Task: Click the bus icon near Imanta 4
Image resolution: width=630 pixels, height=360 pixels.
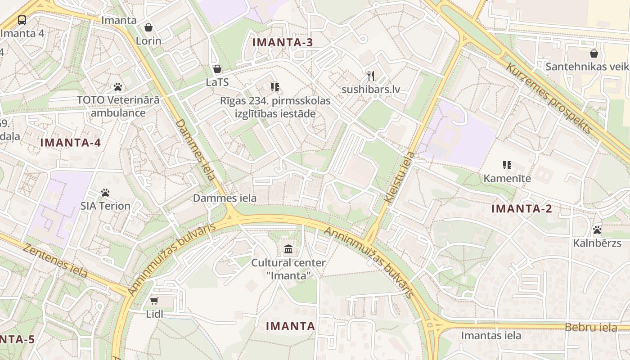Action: point(22,20)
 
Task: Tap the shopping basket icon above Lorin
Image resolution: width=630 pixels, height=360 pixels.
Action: point(148,27)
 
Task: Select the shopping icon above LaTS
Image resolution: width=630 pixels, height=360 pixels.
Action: point(217,69)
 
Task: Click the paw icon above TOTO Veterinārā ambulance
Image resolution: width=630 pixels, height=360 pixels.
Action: point(118,86)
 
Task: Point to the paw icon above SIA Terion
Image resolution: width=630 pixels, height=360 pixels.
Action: point(105,193)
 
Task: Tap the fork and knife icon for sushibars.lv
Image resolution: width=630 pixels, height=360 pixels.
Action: point(371,76)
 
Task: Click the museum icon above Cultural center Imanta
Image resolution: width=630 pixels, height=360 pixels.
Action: point(288,249)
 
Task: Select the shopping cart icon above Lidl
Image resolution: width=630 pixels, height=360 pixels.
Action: point(154,300)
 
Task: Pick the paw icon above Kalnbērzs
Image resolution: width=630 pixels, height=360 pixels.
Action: point(597,230)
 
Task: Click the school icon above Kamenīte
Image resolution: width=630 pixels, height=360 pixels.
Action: point(507,165)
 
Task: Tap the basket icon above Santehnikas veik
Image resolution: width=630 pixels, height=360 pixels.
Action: point(594,54)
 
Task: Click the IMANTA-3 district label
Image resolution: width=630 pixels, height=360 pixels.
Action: point(282,43)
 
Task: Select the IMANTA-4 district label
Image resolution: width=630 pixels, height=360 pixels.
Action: point(71,143)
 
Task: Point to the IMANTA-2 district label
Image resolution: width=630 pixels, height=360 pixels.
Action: point(522,209)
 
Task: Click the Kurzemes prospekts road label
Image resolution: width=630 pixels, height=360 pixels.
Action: point(549,98)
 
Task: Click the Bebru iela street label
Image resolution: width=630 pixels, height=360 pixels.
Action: point(591,328)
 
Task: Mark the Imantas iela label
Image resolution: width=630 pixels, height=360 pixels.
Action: point(491,336)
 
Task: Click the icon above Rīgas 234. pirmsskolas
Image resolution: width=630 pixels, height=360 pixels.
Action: point(275,87)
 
